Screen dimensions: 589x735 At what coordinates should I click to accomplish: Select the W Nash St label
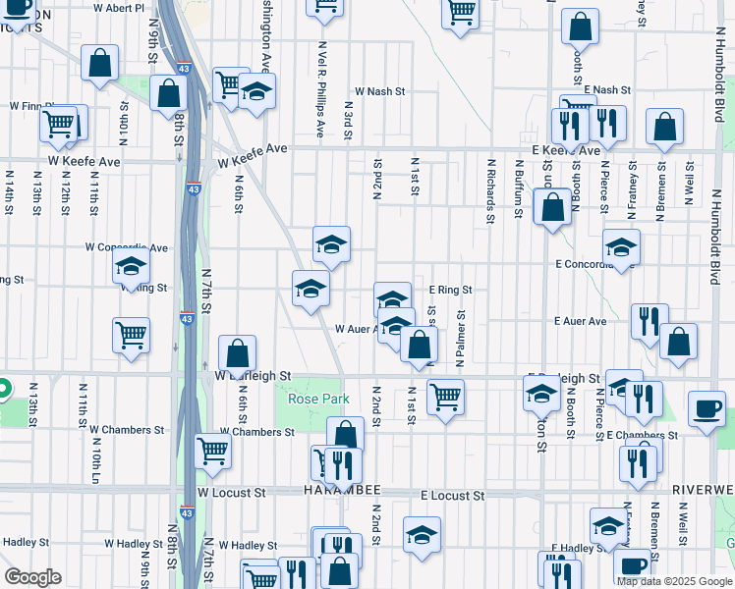pyautogui.click(x=380, y=91)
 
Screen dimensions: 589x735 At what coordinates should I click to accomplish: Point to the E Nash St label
pyautogui.click(x=605, y=89)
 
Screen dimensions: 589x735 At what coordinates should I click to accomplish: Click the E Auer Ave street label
pyautogui.click(x=580, y=321)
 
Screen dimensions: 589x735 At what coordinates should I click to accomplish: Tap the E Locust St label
pyautogui.click(x=453, y=497)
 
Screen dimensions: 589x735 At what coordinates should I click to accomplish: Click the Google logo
pyautogui.click(x=32, y=576)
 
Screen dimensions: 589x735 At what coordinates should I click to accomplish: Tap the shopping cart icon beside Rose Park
pyautogui.click(x=445, y=397)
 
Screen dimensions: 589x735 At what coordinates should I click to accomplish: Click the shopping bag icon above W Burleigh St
pyautogui.click(x=238, y=352)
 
